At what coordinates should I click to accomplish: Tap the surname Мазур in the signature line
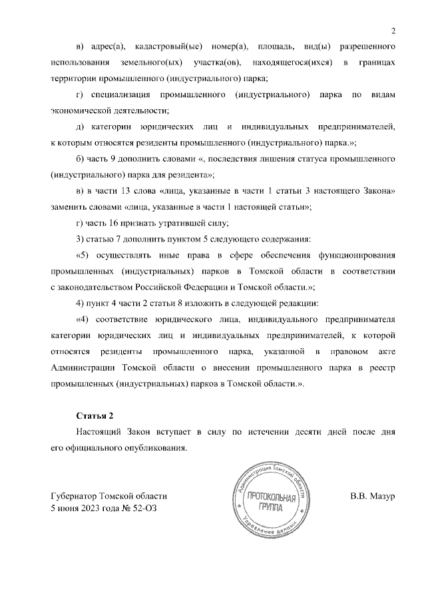click(382, 497)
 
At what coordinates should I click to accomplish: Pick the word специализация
click(122, 95)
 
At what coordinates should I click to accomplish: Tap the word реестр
click(381, 367)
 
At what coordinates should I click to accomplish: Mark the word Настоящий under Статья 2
click(100, 432)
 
